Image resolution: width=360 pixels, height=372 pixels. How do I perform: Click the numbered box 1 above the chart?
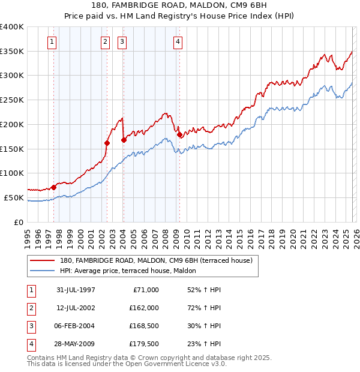tap(52, 42)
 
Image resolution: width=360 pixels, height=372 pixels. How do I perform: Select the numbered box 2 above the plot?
tap(105, 42)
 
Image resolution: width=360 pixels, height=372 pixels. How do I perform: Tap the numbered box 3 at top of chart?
tap(122, 42)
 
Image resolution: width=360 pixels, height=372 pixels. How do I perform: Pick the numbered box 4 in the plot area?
tap(178, 42)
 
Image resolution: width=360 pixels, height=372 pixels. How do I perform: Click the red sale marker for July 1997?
tap(54, 187)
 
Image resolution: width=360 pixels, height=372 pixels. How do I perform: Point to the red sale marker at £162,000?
tap(107, 143)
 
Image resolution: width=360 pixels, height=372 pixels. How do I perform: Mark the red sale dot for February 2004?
tap(124, 140)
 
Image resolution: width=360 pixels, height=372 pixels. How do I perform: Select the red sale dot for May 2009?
tap(179, 134)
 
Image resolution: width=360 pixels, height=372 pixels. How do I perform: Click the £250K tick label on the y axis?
tap(12, 100)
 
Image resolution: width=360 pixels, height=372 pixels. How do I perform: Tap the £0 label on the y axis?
tap(18, 222)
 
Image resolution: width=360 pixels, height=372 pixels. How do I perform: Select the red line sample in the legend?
tap(43, 260)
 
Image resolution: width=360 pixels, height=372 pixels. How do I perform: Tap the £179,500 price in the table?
tap(144, 344)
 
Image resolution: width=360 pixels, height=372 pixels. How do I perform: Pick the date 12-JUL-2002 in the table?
tap(76, 308)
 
